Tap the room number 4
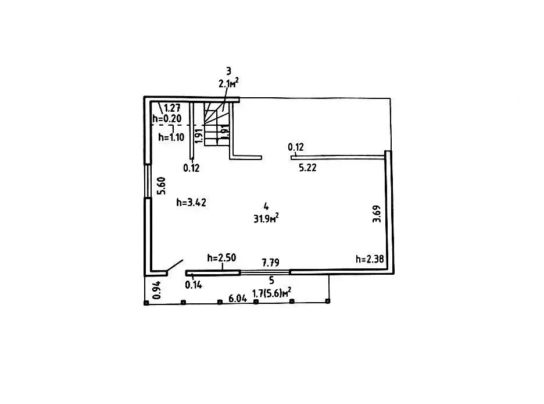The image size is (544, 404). (266, 205)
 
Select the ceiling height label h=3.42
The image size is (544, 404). (191, 203)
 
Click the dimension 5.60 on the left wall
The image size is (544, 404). (163, 185)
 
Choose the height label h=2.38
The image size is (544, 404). (370, 259)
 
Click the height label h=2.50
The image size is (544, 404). (221, 258)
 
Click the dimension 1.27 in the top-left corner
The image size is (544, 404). (173, 108)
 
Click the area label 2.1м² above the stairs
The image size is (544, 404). (228, 84)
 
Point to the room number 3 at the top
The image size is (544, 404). (228, 71)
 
